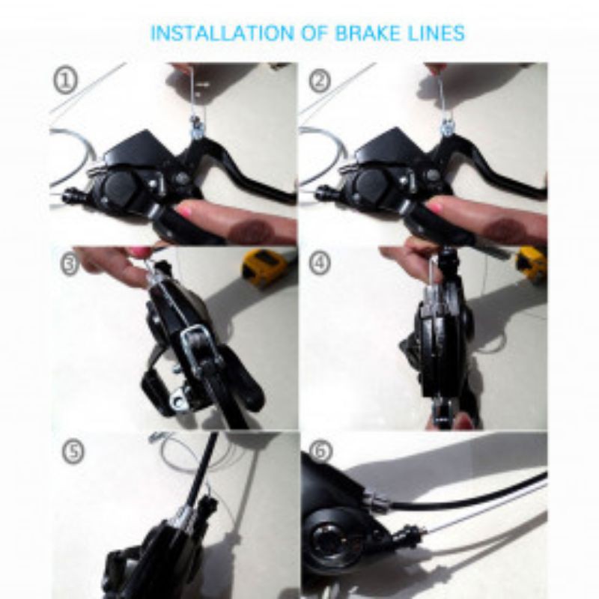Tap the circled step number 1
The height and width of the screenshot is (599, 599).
[66, 80]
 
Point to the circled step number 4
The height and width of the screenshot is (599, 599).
[320, 264]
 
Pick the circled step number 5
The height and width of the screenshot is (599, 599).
[73, 451]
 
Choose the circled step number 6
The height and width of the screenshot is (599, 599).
[320, 451]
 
